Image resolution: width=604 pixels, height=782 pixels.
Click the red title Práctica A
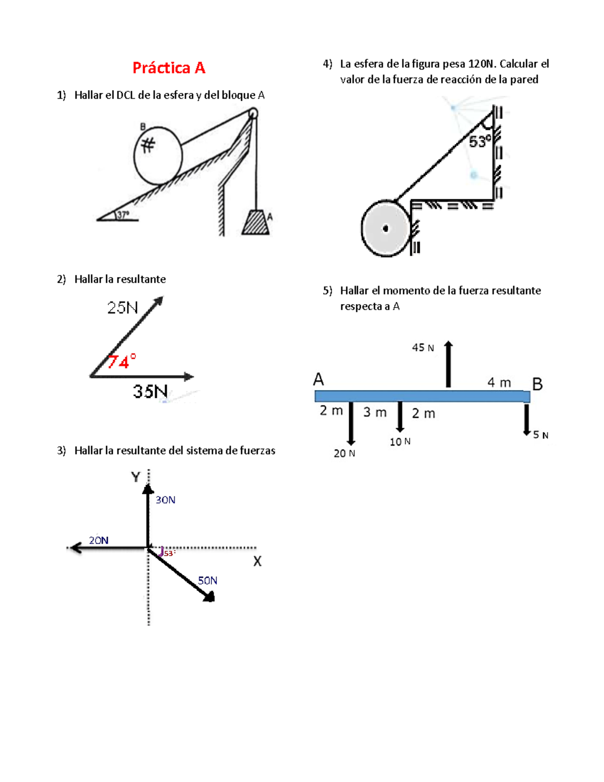coord(169,67)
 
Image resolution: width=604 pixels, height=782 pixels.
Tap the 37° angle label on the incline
coord(123,215)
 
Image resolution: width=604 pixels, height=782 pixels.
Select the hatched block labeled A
coord(256,222)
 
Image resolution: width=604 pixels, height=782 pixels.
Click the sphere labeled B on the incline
coord(158,155)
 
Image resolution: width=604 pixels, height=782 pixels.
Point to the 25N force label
coord(122,308)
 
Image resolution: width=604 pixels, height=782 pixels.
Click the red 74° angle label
coord(122,362)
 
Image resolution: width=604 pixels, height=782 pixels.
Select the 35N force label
coord(150,391)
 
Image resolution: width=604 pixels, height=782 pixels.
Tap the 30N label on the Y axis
coord(165,500)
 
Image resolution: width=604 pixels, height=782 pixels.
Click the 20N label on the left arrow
coord(99,540)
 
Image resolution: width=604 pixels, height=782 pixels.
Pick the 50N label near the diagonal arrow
coord(207,581)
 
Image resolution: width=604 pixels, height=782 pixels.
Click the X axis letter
coord(257,561)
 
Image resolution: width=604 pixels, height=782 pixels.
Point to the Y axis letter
coord(135,477)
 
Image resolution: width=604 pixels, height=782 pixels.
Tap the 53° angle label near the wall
coord(480,141)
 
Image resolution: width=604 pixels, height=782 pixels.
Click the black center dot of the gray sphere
coord(386,229)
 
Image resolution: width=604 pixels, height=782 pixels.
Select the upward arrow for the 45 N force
coord(448,364)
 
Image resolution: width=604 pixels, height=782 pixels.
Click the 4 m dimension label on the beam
coord(499,383)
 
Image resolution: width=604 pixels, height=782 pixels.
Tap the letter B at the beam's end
coord(537,384)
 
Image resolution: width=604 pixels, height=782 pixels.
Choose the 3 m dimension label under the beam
coord(375,412)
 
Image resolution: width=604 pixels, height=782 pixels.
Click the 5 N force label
coord(541,435)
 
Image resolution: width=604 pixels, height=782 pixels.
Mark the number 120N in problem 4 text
coord(482,64)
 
